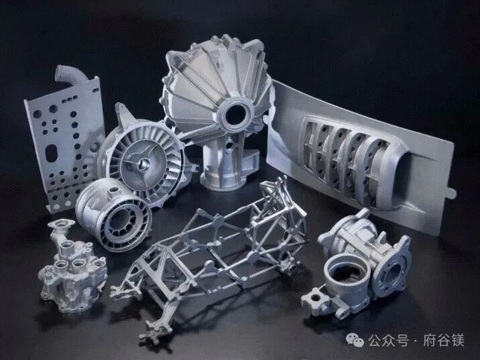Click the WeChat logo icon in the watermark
pos(355,340)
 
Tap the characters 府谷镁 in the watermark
pos(444,340)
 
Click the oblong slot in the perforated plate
pos(51,153)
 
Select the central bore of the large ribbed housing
pos(236,115)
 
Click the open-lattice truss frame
pos(211,257)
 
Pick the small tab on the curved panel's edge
pos(452,193)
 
